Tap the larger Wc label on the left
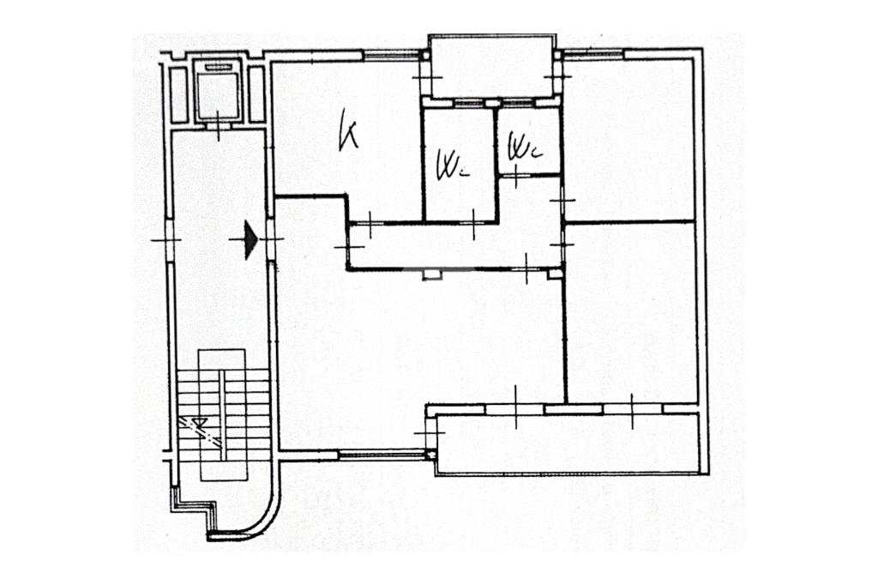[450, 163]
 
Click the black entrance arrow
[250, 240]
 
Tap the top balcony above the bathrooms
[492, 67]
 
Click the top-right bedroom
[628, 137]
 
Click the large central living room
[420, 352]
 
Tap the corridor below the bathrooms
[454, 247]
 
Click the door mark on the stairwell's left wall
[167, 239]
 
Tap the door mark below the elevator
[219, 129]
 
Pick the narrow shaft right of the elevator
[256, 93]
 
